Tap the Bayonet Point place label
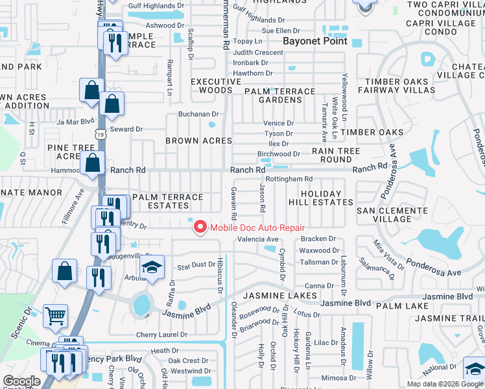[x=315, y=41]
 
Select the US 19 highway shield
[x=99, y=134]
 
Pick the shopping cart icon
[x=56, y=316]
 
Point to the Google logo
[x=21, y=382]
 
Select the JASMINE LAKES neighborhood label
[x=280, y=296]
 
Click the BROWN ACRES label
[x=198, y=141]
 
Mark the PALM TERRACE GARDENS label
[x=279, y=95]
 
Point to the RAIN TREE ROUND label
[x=336, y=155]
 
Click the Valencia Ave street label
[x=257, y=239]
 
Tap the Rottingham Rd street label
[x=289, y=179]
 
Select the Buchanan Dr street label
[x=199, y=114]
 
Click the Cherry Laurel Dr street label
[x=161, y=335]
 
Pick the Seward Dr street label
[x=126, y=129]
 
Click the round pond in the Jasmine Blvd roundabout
[x=140, y=303]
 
